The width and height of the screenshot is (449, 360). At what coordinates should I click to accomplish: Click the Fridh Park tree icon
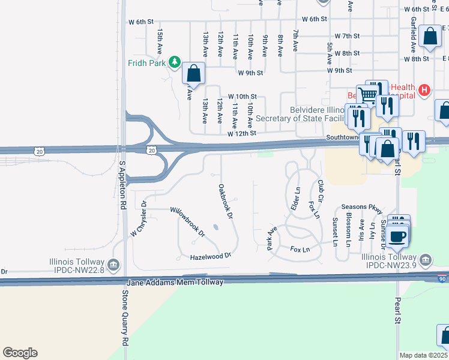[175, 62]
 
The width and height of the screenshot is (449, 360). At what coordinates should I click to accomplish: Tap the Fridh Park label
[147, 62]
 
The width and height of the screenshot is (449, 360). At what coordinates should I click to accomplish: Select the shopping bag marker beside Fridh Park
[193, 74]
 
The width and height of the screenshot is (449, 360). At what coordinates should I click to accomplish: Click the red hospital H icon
[424, 91]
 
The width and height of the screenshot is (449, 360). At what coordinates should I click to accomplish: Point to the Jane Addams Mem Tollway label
[175, 282]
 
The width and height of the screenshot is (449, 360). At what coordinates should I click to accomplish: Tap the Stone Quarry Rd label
[125, 319]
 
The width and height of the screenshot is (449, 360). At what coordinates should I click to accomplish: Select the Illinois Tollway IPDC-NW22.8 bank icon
[113, 265]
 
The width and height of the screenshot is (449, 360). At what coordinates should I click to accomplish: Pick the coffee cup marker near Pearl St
[397, 236]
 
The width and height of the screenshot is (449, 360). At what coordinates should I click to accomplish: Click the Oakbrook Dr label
[225, 201]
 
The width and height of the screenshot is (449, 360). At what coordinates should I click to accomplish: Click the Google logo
[20, 353]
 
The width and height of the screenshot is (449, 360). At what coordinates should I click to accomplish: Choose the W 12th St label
[242, 133]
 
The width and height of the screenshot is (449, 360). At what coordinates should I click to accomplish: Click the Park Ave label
[272, 238]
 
